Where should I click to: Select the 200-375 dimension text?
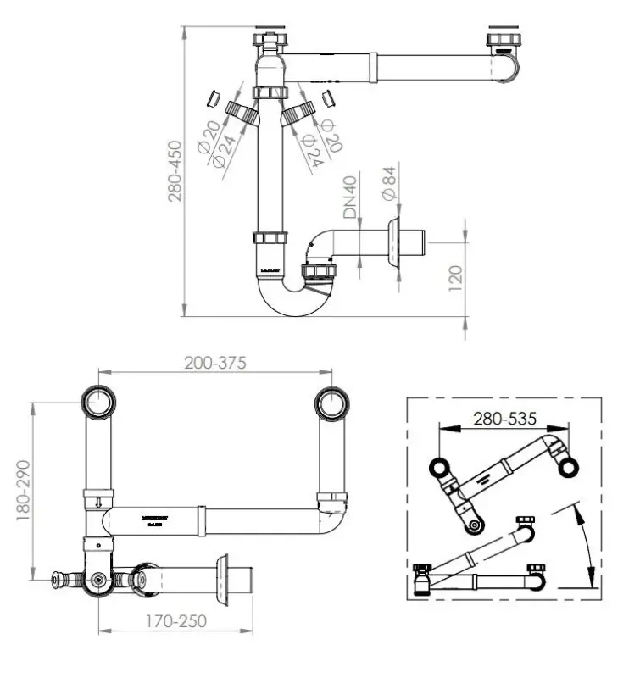[215, 363]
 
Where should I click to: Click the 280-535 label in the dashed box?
[504, 419]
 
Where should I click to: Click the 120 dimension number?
[454, 276]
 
